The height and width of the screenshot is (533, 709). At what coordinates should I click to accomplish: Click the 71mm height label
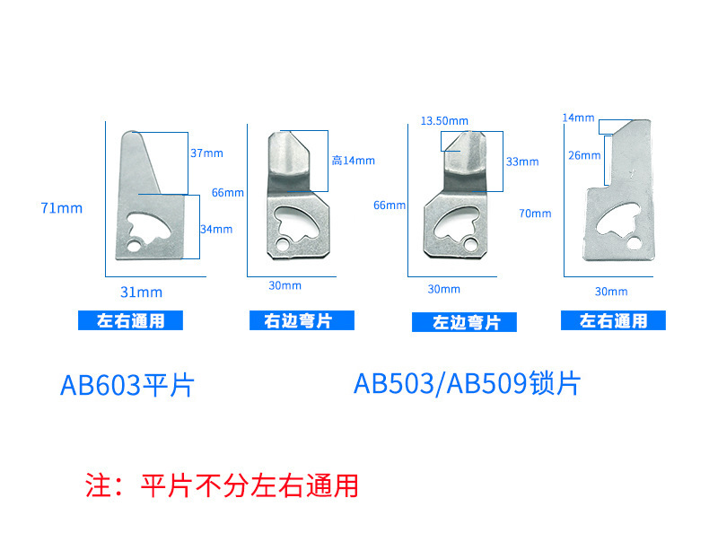click(x=62, y=208)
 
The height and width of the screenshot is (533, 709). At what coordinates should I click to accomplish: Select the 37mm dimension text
click(x=206, y=153)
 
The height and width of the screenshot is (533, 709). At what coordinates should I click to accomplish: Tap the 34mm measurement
click(x=216, y=229)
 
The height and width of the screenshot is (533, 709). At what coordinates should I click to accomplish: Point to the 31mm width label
click(x=141, y=292)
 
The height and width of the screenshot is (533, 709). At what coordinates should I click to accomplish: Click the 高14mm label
click(x=353, y=161)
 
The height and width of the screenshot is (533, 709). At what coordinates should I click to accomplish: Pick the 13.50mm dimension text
click(x=444, y=121)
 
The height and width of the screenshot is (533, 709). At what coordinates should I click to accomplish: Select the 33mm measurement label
click(x=522, y=162)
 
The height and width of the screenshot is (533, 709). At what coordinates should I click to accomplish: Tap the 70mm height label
click(x=535, y=214)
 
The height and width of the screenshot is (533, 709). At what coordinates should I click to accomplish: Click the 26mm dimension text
click(x=584, y=155)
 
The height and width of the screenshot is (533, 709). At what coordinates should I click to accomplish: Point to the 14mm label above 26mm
click(x=578, y=118)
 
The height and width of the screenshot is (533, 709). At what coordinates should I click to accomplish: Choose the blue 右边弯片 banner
click(x=302, y=320)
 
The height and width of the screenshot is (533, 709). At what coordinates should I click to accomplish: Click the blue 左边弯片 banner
click(x=464, y=322)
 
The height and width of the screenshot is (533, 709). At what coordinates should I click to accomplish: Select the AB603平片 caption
click(x=127, y=385)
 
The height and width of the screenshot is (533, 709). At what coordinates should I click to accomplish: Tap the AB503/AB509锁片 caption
click(x=467, y=383)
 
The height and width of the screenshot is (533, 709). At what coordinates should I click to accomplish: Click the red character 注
click(x=98, y=485)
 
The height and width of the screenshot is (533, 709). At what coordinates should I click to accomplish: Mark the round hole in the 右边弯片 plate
click(x=283, y=245)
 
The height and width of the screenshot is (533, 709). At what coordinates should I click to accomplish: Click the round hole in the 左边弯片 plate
click(x=470, y=245)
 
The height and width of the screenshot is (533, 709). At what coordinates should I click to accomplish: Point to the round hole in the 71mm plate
click(x=134, y=246)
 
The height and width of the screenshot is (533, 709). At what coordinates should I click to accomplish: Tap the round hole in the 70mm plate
click(x=634, y=243)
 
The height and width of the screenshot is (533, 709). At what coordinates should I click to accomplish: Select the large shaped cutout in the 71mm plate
click(x=149, y=227)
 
